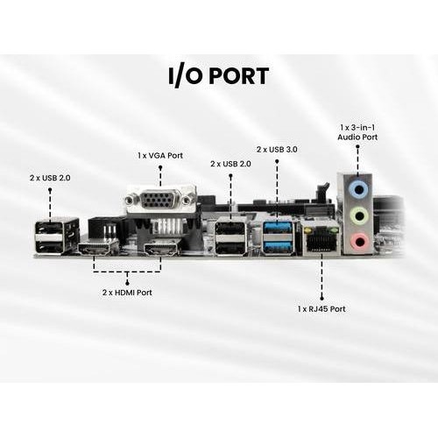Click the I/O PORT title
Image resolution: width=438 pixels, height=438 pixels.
pyautogui.click(x=218, y=76)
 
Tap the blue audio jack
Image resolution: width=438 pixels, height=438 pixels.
pyautogui.click(x=359, y=189)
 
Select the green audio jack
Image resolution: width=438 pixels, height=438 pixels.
pyautogui.click(x=359, y=215)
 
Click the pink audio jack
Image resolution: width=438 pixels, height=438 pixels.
pyautogui.click(x=359, y=241)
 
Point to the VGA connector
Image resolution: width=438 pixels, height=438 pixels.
pyautogui.click(x=161, y=201)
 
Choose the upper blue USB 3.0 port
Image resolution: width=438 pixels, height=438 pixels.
pyautogui.click(x=278, y=227)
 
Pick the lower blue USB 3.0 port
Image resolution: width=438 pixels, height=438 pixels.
pyautogui.click(x=278, y=247)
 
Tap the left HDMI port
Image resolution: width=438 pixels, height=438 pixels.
pyautogui.click(x=97, y=248)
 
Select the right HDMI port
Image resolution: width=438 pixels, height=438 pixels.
pyautogui.click(x=161, y=249)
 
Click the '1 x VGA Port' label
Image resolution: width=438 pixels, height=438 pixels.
pyautogui.click(x=160, y=156)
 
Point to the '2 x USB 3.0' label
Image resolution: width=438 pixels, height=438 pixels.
pyautogui.click(x=277, y=150)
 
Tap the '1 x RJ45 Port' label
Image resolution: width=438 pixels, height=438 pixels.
pyautogui.click(x=321, y=309)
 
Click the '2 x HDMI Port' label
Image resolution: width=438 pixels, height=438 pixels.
pyautogui.click(x=127, y=293)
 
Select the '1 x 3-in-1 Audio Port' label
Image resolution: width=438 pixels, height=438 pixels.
pyautogui.click(x=357, y=132)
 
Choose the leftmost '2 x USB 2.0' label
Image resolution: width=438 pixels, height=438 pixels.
pyautogui.click(x=50, y=178)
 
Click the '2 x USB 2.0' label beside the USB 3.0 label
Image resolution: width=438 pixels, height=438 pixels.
pyautogui.click(x=230, y=164)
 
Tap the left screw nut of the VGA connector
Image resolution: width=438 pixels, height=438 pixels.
pyautogui.click(x=129, y=201)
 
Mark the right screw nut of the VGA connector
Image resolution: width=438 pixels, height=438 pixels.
pyautogui.click(x=187, y=201)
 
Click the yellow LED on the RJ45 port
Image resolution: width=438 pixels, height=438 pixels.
pyautogui.click(x=307, y=231)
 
